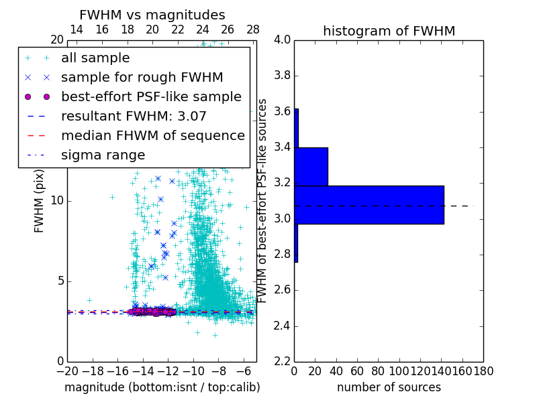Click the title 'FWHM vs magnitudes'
(152, 15)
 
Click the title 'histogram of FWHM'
(389, 31)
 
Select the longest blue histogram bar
(369, 204)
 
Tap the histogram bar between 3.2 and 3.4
(311, 166)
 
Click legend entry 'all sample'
(95, 58)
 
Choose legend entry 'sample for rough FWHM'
(142, 78)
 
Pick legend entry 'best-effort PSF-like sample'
(151, 97)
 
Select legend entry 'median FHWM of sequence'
(153, 136)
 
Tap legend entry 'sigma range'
(103, 155)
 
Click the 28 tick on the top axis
(253, 29)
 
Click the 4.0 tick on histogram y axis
(282, 40)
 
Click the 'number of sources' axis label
(389, 387)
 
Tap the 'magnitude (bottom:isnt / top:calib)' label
(162, 387)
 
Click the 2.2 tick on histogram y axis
(282, 362)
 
